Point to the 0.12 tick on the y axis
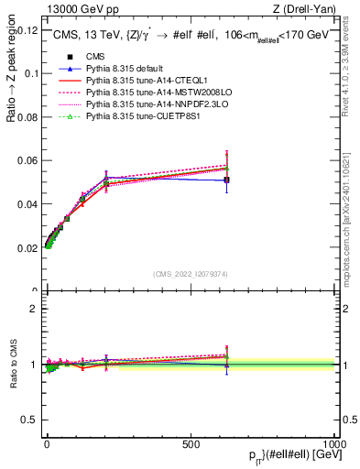(x=27, y=29)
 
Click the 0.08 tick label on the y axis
(x=27, y=117)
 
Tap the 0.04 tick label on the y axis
(x=27, y=204)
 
